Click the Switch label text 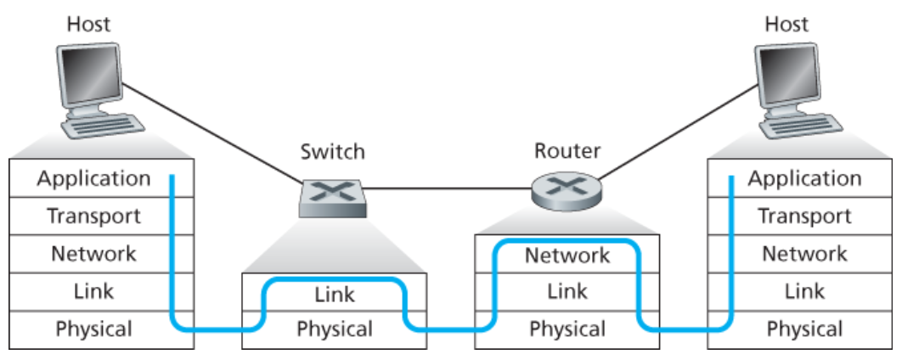tap(332, 152)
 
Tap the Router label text tap(567, 151)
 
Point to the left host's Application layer tap(93, 178)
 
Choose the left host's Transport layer tap(93, 216)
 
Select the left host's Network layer tap(93, 253)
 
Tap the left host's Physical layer tap(93, 328)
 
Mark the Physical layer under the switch tap(334, 329)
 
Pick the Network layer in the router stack tap(567, 255)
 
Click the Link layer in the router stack tap(567, 291)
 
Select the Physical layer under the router tap(567, 329)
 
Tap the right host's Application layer tap(804, 178)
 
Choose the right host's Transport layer tap(804, 216)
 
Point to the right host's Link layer tap(804, 291)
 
